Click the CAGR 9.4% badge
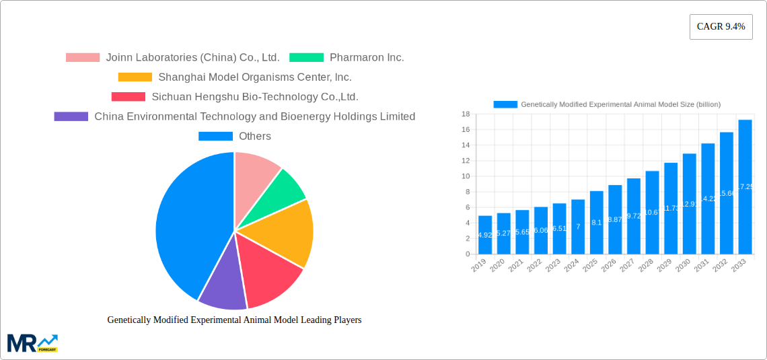[x=721, y=27]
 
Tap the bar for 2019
[x=484, y=235]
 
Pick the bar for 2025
[x=597, y=223]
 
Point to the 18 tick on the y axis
[x=465, y=114]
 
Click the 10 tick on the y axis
[x=465, y=176]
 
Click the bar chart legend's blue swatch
[x=505, y=104]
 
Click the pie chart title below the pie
[x=234, y=320]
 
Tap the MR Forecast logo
[x=32, y=343]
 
